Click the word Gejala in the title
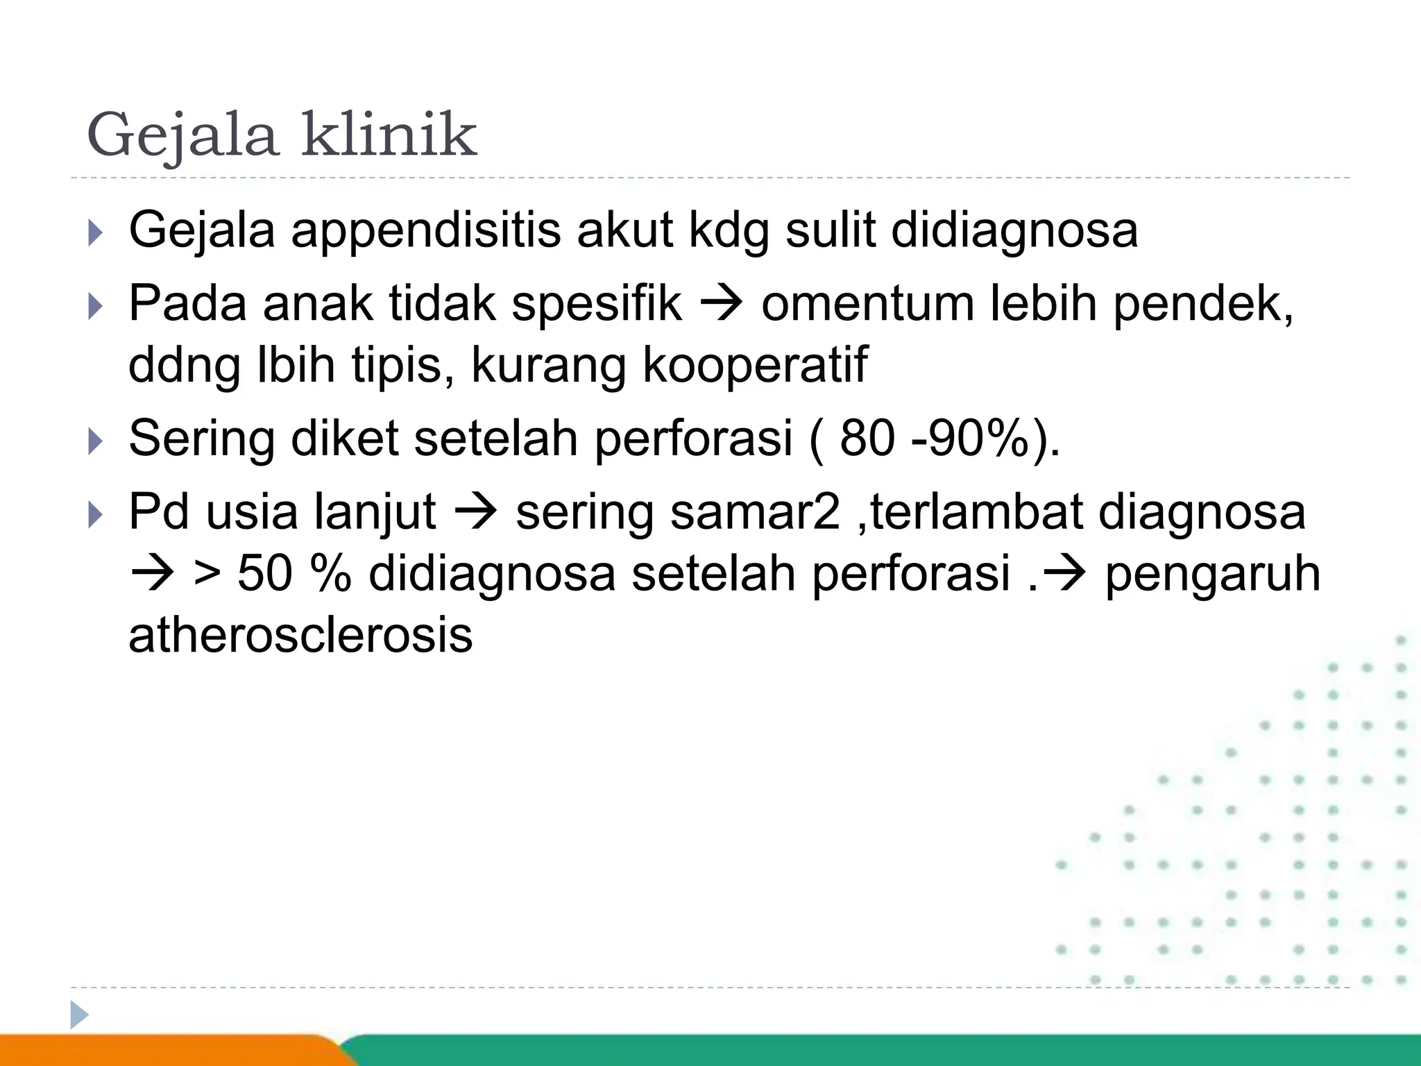[x=182, y=135]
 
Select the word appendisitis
[x=425, y=231]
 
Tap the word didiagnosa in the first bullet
[x=1014, y=231]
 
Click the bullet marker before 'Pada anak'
[x=96, y=306]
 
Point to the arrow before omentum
[x=722, y=305]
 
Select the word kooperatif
[x=755, y=366]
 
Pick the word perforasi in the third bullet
[x=693, y=439]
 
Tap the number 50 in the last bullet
[x=264, y=575]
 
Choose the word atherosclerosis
[x=300, y=636]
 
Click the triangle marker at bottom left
[x=78, y=1015]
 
